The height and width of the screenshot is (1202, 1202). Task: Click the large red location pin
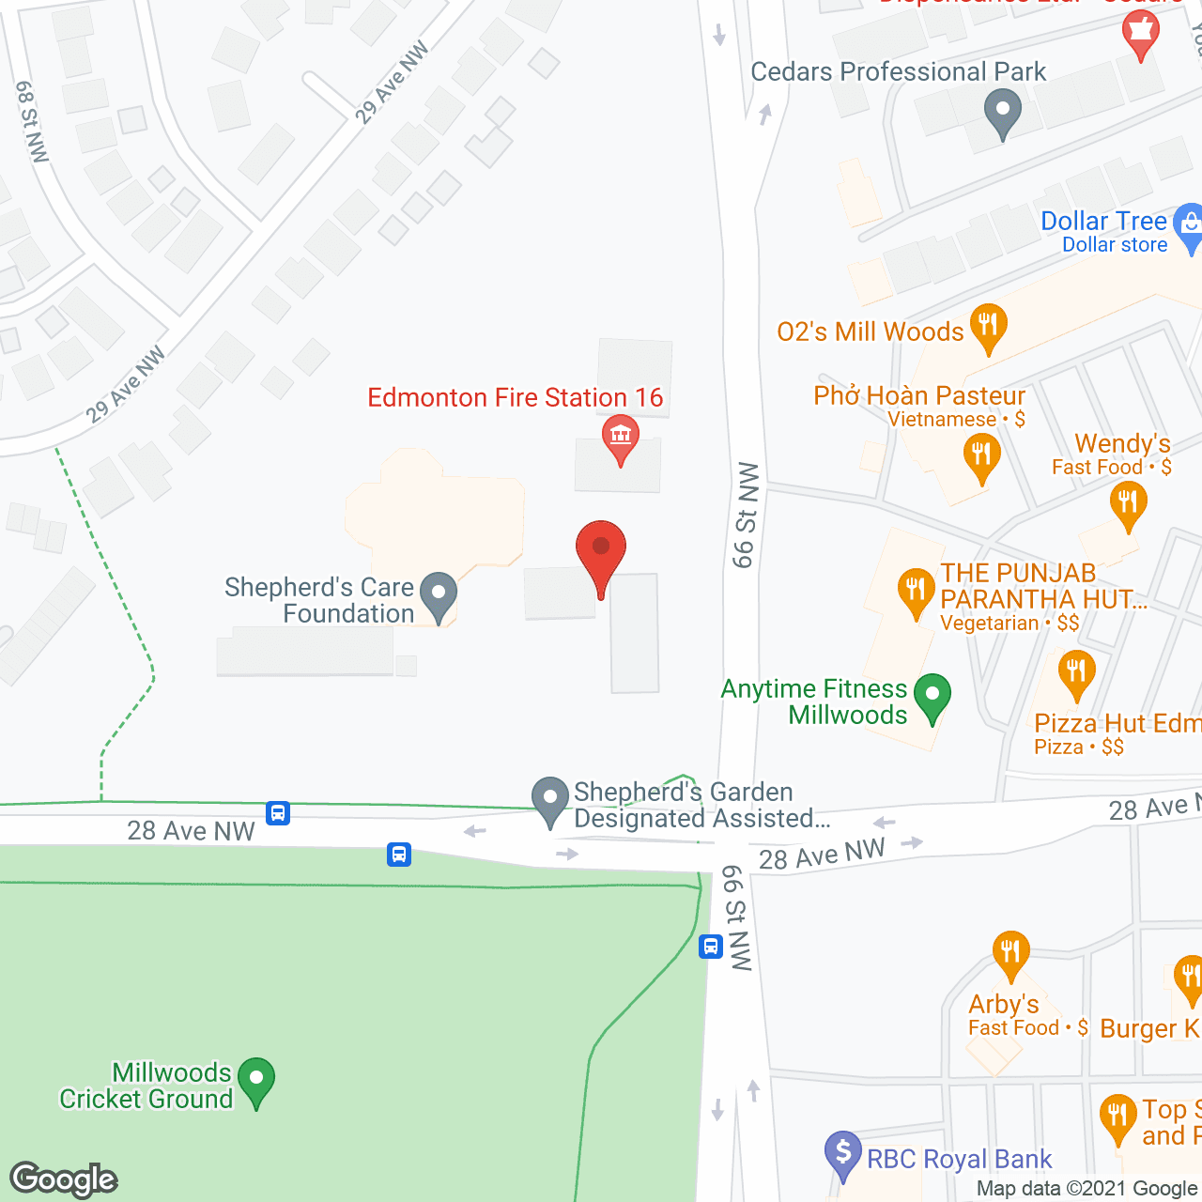(x=600, y=549)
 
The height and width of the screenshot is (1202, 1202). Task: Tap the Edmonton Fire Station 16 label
(x=515, y=398)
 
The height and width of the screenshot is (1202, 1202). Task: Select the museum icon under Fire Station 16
(x=620, y=436)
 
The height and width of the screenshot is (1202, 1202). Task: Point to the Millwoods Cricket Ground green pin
(x=255, y=1080)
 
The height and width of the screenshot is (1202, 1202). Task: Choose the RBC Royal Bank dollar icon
(x=842, y=1151)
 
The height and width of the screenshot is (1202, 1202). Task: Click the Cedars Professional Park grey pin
(x=1002, y=111)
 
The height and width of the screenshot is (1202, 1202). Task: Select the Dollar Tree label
(x=1103, y=222)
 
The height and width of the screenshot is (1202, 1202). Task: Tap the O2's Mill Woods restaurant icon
(x=987, y=325)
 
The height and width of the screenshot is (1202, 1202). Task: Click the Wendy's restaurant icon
(x=1128, y=502)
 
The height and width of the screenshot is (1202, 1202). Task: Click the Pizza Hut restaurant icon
(x=1076, y=672)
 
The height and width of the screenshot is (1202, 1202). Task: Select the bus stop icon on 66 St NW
(x=711, y=947)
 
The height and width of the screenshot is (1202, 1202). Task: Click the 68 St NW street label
(x=31, y=121)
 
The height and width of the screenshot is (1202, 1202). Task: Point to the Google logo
(x=64, y=1179)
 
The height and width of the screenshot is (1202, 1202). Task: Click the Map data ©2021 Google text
(x=1086, y=1188)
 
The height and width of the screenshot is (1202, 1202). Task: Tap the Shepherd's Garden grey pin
(x=550, y=799)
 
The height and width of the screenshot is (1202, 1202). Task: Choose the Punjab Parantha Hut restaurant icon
(x=915, y=591)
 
